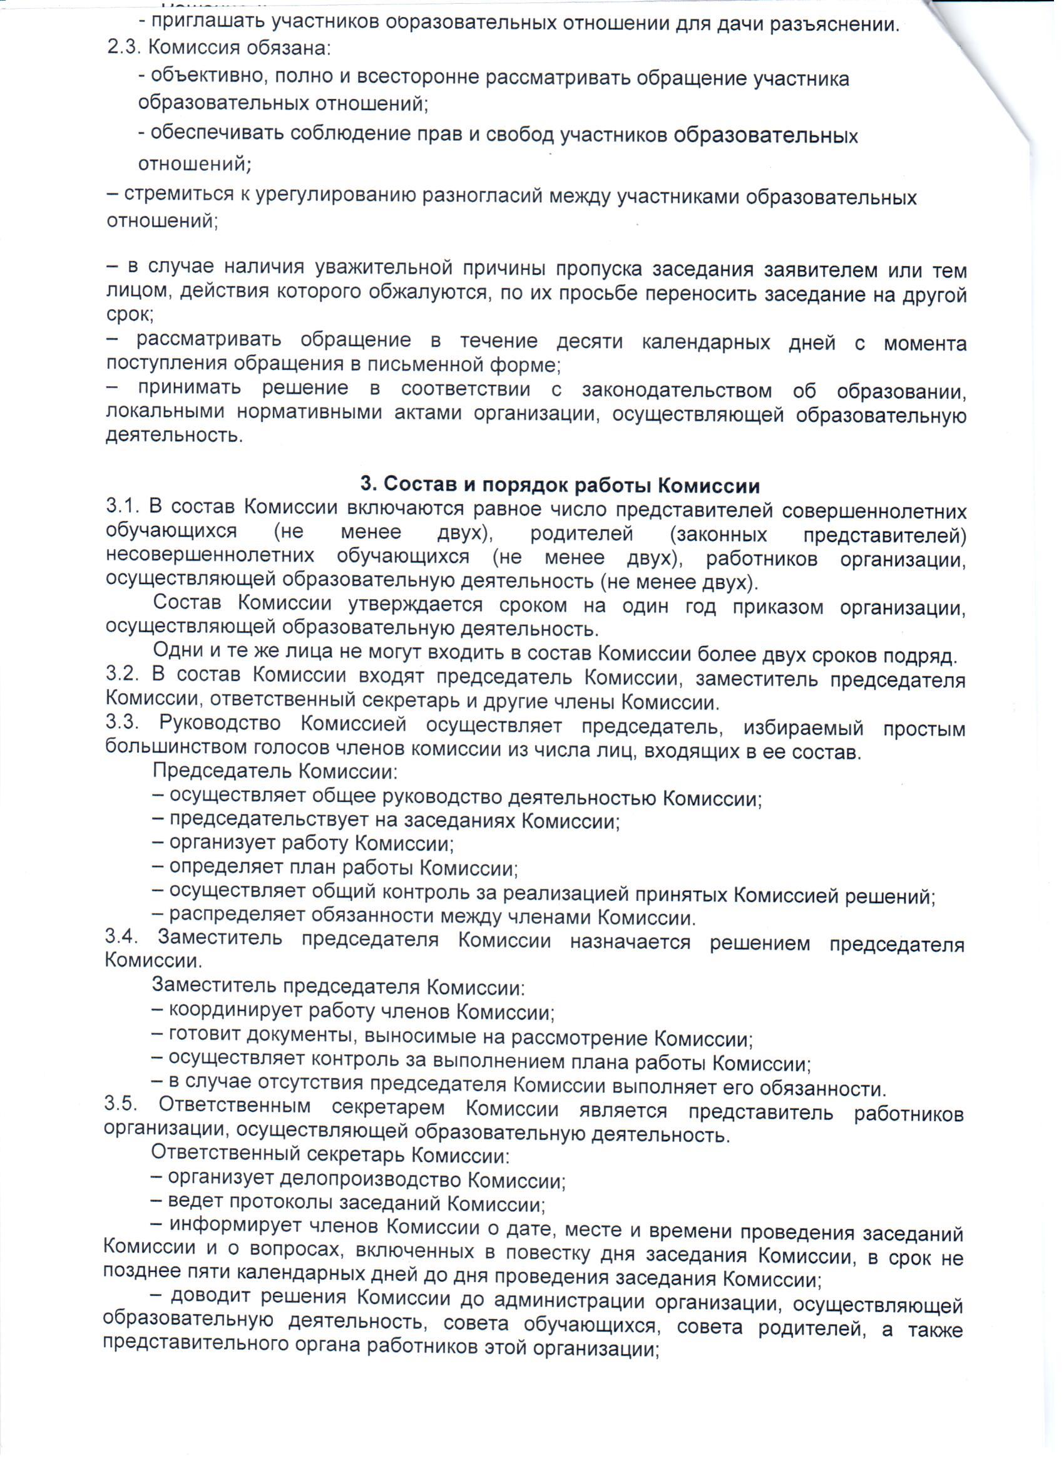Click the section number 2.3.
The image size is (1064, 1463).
coord(121,48)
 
